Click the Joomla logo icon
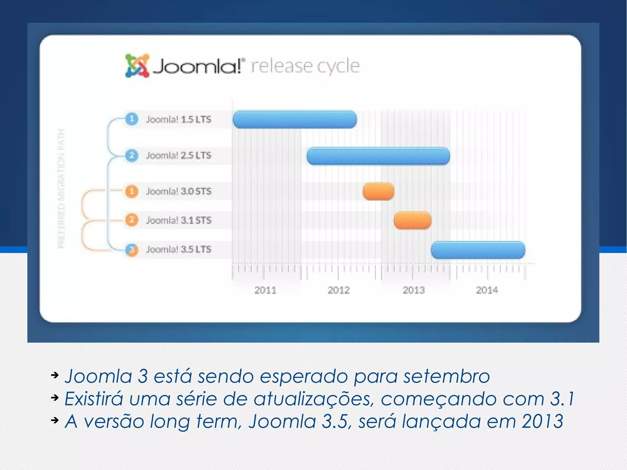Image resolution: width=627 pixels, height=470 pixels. coord(137,66)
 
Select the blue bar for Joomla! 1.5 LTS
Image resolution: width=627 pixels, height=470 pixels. coord(295,119)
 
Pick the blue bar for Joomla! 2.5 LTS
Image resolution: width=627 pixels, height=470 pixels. coord(378,156)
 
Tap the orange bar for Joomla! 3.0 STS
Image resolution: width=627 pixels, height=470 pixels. coord(378,191)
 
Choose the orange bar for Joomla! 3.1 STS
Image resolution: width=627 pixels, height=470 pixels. coord(412,220)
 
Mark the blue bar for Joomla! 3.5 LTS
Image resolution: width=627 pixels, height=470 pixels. coord(478,250)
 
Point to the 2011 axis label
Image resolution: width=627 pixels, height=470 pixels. coord(265,290)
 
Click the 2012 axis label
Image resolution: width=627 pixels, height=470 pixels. coord(339,290)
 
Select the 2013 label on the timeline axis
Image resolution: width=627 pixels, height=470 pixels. coord(414,290)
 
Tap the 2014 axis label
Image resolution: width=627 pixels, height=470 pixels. coord(487,290)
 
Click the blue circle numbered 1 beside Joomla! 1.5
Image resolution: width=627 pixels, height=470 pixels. coord(132,119)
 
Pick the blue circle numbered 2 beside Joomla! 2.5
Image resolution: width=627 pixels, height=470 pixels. coord(132,155)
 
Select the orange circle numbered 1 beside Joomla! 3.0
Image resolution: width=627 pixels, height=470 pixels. coord(132,191)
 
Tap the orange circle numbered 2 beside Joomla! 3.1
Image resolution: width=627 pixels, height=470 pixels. coord(132,220)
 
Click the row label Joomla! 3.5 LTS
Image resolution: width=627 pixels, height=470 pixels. coord(178,249)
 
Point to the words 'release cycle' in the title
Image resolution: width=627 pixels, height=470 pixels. coord(305,66)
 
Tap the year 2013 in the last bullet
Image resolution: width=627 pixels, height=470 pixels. coord(542,421)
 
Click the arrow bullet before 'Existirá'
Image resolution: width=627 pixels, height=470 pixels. coord(55,398)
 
